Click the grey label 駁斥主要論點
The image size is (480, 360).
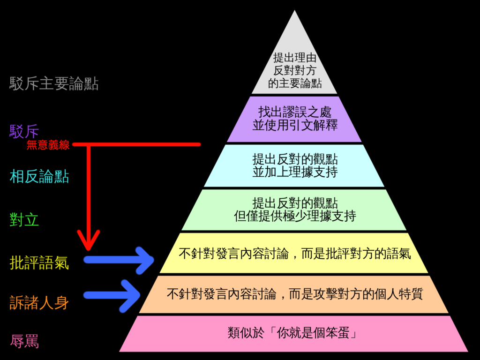(x=54, y=83)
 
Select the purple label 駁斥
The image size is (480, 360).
(x=24, y=131)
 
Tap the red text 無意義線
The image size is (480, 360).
(x=48, y=145)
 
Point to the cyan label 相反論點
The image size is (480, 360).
(x=39, y=176)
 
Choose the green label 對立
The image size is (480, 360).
(x=24, y=219)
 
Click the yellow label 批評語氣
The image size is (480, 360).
(x=39, y=262)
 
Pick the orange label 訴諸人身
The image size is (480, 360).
(x=39, y=302)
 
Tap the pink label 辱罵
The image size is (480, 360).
(x=24, y=341)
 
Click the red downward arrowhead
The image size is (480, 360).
(x=89, y=240)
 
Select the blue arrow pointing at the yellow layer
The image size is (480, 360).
(x=119, y=260)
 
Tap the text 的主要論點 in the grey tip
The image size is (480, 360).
(x=295, y=83)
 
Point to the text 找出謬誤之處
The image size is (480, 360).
(x=295, y=112)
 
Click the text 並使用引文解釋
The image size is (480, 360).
(x=295, y=125)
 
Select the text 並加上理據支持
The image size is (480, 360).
(x=295, y=172)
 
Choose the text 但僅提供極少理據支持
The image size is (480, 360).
(x=295, y=216)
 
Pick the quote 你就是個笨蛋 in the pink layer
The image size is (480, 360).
(x=313, y=333)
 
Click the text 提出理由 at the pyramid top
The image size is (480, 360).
(x=295, y=58)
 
